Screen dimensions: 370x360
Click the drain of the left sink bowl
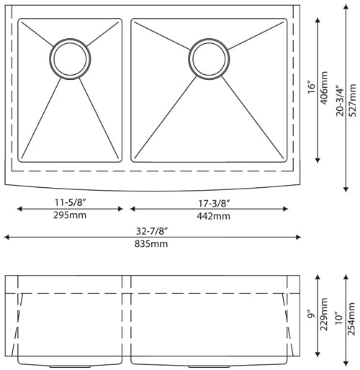click(x=70, y=57)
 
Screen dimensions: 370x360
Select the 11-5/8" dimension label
click(x=69, y=203)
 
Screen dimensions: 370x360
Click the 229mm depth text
click(x=325, y=315)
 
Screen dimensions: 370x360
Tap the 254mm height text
click(x=351, y=319)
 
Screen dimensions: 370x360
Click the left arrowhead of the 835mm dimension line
click(x=6, y=237)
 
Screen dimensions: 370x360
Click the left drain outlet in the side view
click(x=70, y=366)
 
